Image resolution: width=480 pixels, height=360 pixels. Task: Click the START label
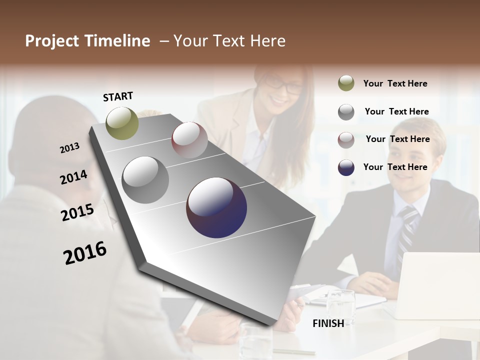click(x=118, y=96)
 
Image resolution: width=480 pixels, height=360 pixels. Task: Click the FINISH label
click(x=328, y=323)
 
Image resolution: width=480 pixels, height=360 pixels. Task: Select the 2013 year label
click(x=69, y=147)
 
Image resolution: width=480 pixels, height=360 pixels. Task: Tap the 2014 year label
click(x=73, y=177)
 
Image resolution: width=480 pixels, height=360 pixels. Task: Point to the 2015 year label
click(x=77, y=212)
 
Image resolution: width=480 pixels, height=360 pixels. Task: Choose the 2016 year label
click(x=85, y=252)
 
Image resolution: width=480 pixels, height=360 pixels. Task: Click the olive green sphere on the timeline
click(x=122, y=123)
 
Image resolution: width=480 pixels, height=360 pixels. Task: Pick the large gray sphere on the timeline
click(x=145, y=180)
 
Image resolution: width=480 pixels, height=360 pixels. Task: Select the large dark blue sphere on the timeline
click(x=216, y=207)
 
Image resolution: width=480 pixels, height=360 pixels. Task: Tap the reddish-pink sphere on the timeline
click(x=189, y=140)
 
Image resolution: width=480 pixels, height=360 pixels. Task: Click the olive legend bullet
click(x=346, y=83)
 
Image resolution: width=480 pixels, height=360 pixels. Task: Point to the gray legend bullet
click(x=346, y=111)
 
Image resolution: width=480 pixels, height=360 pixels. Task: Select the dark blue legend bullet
click(x=346, y=167)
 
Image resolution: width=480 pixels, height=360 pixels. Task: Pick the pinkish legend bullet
click(x=346, y=139)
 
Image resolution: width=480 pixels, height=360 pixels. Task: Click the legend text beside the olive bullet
click(x=395, y=83)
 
